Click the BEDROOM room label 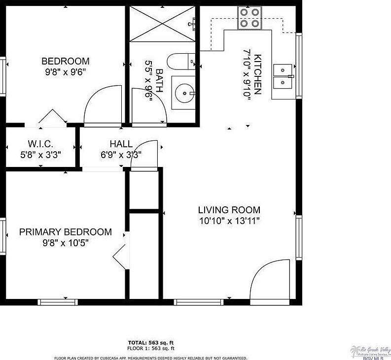pos(65,62)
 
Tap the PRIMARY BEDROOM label pos(65,232)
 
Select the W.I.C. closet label pos(40,144)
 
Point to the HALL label pos(121,144)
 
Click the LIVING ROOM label pos(229,210)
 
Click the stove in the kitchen pos(249,18)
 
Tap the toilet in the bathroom pos(179,62)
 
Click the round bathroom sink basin pos(185,92)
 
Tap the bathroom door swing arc pos(150,105)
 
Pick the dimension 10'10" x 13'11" pos(229,221)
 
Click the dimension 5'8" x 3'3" pos(40,154)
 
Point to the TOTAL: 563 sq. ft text pos(151,342)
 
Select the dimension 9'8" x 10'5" pos(65,242)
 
